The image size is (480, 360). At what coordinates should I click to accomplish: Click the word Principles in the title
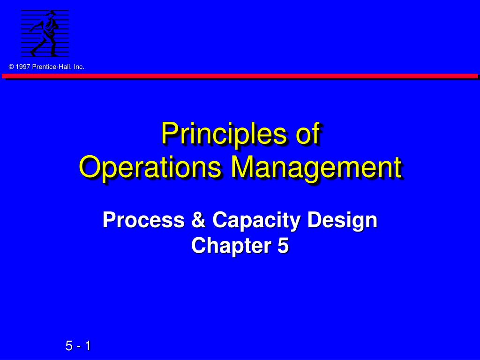225,134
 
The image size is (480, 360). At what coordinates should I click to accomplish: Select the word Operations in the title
150,168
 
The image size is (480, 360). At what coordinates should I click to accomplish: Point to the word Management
316,168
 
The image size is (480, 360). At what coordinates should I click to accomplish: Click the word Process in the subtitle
143,220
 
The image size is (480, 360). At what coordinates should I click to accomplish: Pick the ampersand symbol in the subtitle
198,220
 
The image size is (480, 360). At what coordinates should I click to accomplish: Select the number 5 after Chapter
283,246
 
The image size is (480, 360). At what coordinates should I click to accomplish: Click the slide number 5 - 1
78,346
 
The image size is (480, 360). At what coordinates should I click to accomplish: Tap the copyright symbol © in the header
11,67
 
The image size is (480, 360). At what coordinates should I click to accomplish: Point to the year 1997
23,67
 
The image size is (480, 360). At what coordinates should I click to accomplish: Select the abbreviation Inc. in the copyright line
79,67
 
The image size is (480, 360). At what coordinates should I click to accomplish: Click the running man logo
45,33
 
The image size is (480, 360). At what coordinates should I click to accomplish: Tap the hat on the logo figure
53,13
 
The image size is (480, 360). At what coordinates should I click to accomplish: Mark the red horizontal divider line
240,76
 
